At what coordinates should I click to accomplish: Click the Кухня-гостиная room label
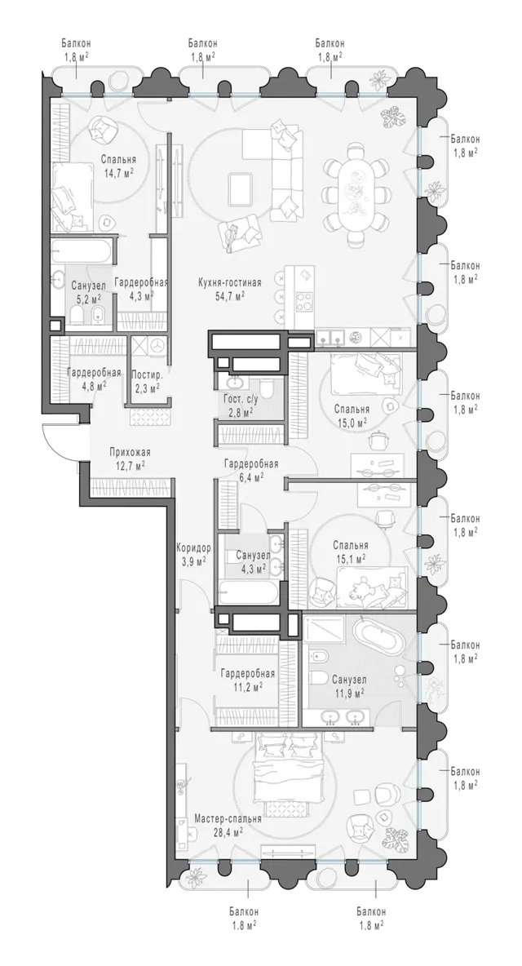click(230, 283)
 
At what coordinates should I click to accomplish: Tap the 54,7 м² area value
click(230, 295)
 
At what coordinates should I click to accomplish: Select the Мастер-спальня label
click(228, 819)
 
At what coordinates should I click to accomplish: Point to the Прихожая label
click(130, 452)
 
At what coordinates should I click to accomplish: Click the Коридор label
click(193, 547)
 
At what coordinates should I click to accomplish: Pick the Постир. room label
click(147, 374)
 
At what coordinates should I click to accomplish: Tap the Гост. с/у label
click(237, 399)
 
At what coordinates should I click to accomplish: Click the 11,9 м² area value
click(348, 693)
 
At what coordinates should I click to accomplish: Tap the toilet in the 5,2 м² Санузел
click(77, 317)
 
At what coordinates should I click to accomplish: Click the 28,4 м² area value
click(228, 832)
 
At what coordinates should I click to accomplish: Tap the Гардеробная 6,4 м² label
click(251, 470)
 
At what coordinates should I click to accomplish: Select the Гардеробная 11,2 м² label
click(247, 680)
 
